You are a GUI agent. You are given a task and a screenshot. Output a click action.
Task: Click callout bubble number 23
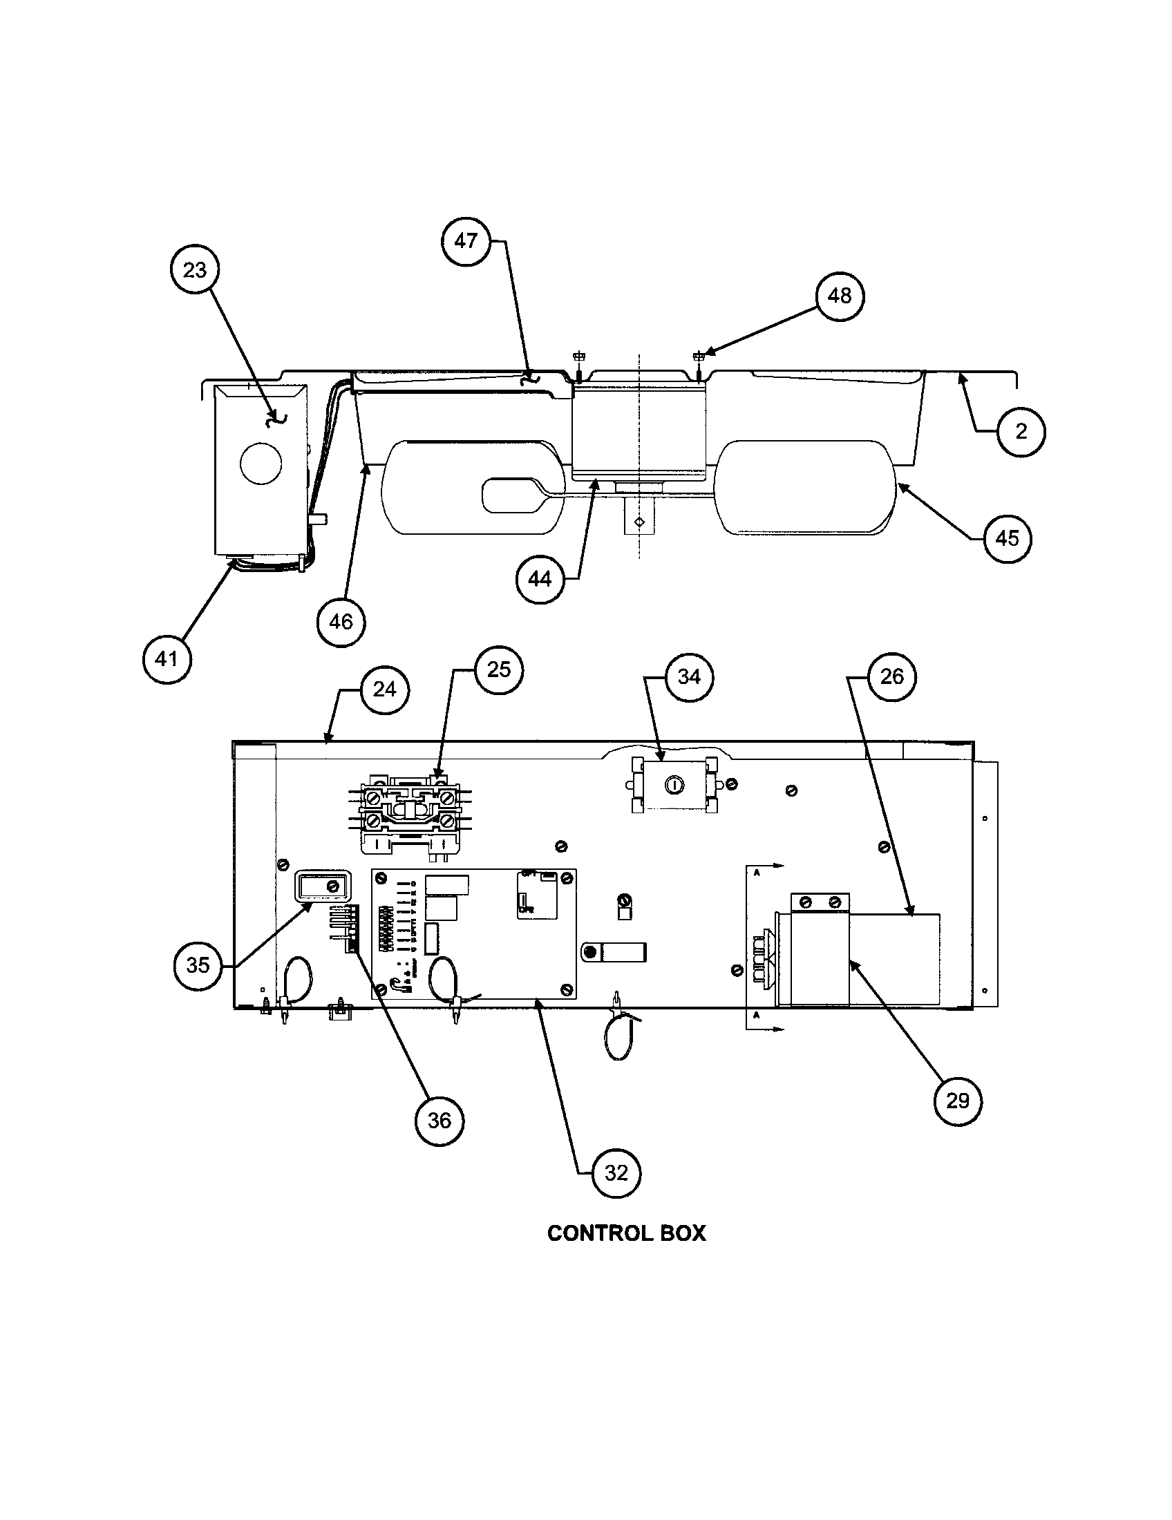pyautogui.click(x=194, y=269)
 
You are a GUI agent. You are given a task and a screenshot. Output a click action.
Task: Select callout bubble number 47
pyautogui.click(x=466, y=241)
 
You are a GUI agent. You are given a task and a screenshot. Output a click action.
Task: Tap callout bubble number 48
pyautogui.click(x=840, y=296)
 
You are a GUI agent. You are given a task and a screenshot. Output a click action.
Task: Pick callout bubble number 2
pyautogui.click(x=1020, y=432)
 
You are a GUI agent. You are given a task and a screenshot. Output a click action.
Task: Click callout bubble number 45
pyautogui.click(x=1007, y=538)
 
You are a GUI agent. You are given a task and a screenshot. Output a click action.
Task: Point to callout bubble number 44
pyautogui.click(x=540, y=579)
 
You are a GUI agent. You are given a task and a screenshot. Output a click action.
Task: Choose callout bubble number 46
pyautogui.click(x=340, y=622)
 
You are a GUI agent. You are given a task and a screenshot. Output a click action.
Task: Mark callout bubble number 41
pyautogui.click(x=167, y=658)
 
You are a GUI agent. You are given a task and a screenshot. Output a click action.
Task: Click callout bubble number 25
pyautogui.click(x=498, y=669)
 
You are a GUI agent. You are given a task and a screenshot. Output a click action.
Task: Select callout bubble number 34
pyautogui.click(x=688, y=676)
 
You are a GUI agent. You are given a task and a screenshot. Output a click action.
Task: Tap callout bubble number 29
pyautogui.click(x=957, y=1101)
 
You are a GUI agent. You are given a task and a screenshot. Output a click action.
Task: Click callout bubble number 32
pyautogui.click(x=616, y=1173)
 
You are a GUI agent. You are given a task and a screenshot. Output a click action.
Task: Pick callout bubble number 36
pyautogui.click(x=438, y=1121)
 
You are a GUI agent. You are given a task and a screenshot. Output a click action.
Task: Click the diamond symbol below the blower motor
pyautogui.click(x=639, y=521)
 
